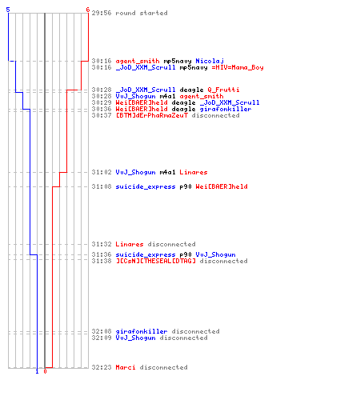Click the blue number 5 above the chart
coord(8,10)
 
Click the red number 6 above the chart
coord(88,10)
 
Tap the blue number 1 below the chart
coord(37,371)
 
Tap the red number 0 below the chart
coord(45,371)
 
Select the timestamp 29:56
coord(102,13)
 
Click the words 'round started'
coord(142,13)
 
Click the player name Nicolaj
coord(210,61)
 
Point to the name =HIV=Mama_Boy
coord(238,67)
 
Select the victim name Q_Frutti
coord(223,90)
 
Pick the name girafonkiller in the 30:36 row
coord(226,109)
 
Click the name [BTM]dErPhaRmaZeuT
coord(151,115)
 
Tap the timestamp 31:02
coord(102,172)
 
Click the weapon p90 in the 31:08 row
coord(186,186)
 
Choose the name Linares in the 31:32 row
coord(130,244)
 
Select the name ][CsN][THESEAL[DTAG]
coord(155,261)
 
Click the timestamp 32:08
coord(102,331)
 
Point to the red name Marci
coord(126,367)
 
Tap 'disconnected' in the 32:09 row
coord(183,338)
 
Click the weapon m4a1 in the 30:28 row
coord(167,96)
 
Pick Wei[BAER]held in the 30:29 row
coord(142,102)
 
